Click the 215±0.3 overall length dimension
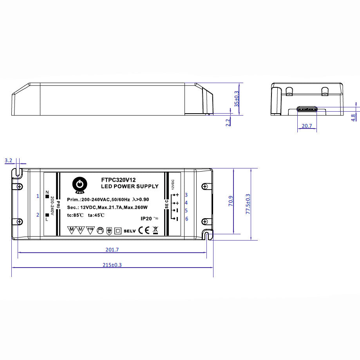112,265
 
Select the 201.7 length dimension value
112,250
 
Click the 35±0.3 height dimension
236,99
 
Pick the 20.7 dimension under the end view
307,126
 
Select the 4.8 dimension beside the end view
353,117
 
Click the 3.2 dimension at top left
9,161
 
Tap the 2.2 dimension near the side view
228,122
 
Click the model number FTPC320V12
118,179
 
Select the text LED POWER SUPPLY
130,186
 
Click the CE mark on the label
143,230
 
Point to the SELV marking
130,231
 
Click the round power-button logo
80,184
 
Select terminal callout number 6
186,219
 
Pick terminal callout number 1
38,196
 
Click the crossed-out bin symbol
155,230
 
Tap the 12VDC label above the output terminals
172,184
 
